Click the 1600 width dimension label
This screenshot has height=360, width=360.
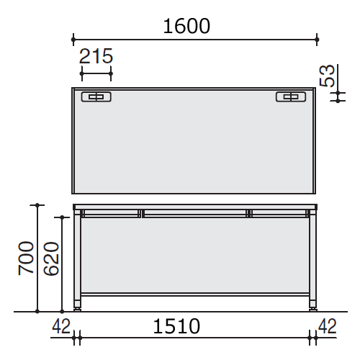click(x=186, y=26)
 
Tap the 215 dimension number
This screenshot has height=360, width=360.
click(x=96, y=56)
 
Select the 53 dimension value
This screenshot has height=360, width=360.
click(x=327, y=76)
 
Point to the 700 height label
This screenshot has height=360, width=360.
click(x=26, y=258)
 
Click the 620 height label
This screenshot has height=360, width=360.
click(x=51, y=258)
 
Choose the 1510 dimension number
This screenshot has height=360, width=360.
click(x=176, y=326)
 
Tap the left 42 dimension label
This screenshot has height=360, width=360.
click(x=61, y=326)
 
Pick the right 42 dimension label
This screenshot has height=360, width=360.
click(x=328, y=326)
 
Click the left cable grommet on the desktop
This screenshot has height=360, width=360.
click(x=96, y=96)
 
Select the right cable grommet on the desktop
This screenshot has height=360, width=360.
click(x=291, y=96)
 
